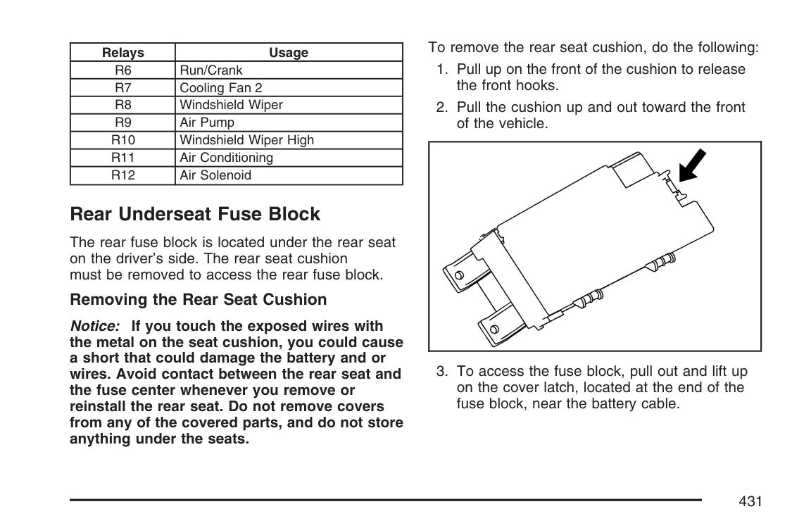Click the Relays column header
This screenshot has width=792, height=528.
click(x=122, y=53)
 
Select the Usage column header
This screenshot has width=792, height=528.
click(x=289, y=53)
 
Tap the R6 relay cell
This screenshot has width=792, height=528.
click(x=122, y=70)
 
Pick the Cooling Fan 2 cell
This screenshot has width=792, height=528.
click(x=221, y=88)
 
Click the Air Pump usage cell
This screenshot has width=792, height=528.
click(x=207, y=122)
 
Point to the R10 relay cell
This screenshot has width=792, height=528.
click(x=122, y=140)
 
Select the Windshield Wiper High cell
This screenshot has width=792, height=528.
click(x=247, y=140)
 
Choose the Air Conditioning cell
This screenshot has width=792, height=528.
click(x=226, y=158)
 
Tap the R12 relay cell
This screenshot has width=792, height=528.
click(x=122, y=175)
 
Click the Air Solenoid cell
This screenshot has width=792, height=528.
click(x=215, y=175)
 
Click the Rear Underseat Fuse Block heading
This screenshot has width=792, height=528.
click(x=195, y=214)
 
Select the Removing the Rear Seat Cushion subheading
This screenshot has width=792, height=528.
click(x=198, y=300)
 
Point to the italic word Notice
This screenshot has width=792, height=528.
click(x=95, y=327)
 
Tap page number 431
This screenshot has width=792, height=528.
click(x=750, y=501)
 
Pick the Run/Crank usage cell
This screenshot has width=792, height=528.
click(x=211, y=70)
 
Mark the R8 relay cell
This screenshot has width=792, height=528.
click(x=122, y=106)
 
